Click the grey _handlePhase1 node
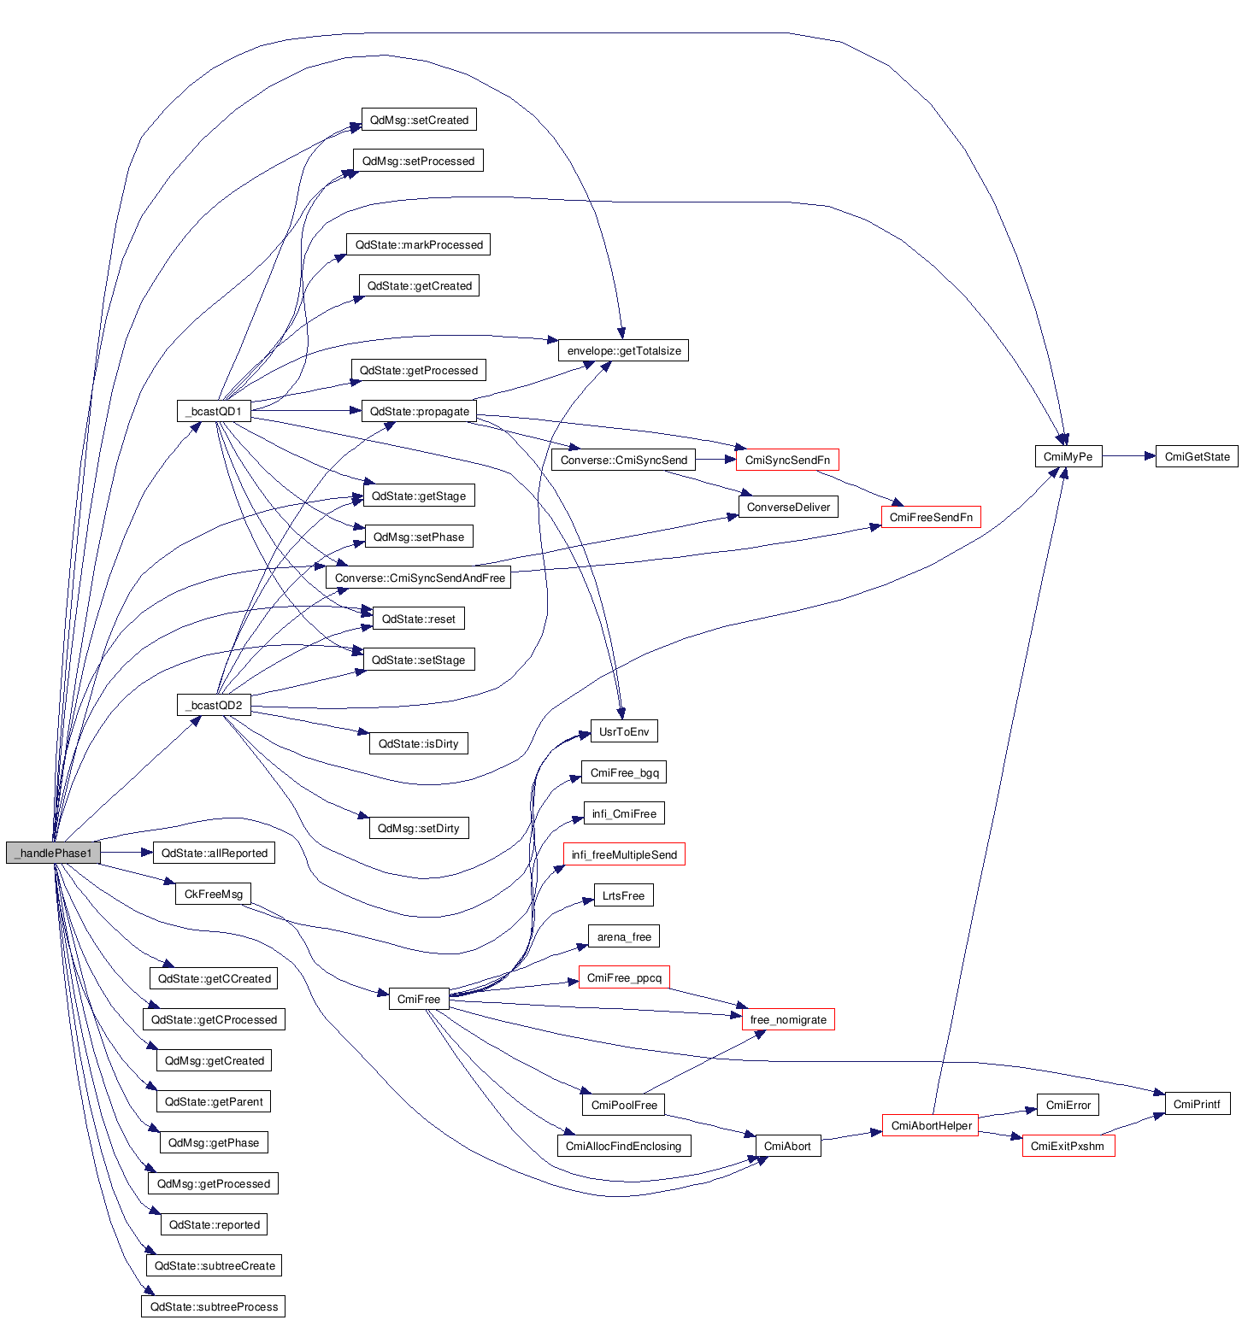point(53,853)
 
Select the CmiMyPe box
point(1068,456)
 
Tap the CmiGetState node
point(1197,456)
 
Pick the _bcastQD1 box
point(214,411)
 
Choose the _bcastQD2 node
point(214,705)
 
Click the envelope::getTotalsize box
point(624,350)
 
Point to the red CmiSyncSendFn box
point(787,460)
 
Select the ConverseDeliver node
point(788,507)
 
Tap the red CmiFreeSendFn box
point(931,517)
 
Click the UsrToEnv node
point(624,731)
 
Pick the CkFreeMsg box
point(214,894)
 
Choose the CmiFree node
point(419,999)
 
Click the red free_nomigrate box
point(788,1019)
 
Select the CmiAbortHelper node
point(931,1125)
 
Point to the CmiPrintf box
point(1197,1104)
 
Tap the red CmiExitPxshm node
point(1068,1146)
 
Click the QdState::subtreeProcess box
point(214,1306)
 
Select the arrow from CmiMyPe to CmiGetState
point(1128,456)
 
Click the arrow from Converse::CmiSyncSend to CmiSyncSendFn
point(715,460)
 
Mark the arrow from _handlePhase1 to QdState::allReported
point(127,853)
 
